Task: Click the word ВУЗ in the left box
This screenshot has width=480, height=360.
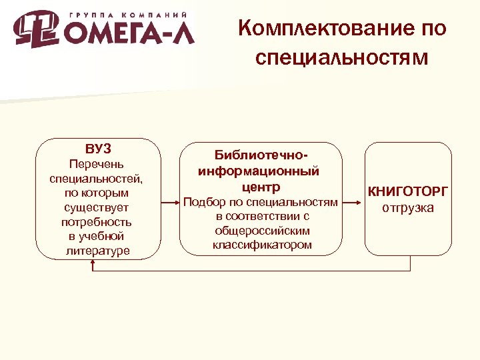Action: pos(98,148)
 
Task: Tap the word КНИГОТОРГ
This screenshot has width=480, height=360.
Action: pos(408,192)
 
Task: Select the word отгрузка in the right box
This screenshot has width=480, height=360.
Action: pos(408,208)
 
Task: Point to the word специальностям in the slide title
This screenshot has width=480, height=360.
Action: pos(341,59)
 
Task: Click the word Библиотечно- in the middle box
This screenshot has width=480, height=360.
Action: pos(261,155)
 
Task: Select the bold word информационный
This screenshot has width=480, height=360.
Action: pos(259,171)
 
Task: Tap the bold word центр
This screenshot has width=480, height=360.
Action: pos(261,187)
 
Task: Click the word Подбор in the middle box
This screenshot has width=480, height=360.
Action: pos(204,202)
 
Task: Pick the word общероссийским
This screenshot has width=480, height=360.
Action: pos(261,231)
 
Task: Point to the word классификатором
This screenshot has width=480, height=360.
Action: pos(261,245)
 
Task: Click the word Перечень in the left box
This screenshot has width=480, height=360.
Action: pos(98,164)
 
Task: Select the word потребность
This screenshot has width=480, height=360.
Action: pos(98,222)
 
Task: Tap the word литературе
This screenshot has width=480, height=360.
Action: pos(98,251)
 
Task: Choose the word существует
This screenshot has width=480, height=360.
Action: pos(98,207)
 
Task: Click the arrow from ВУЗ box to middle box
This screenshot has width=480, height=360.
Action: pos(170,200)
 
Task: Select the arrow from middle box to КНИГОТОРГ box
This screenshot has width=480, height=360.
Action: pos(353,200)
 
